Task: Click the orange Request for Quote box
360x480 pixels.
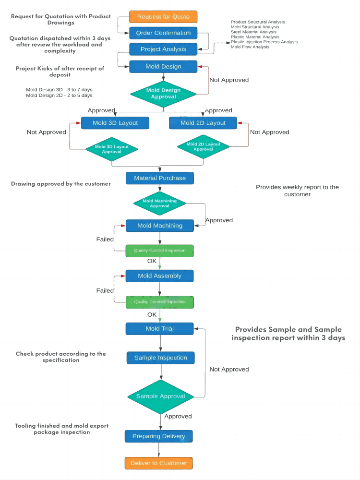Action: click(163, 17)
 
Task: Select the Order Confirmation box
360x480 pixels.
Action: click(163, 33)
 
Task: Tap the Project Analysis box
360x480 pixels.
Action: click(163, 49)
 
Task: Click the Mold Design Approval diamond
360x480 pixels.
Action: click(163, 94)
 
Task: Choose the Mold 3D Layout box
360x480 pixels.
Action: click(115, 123)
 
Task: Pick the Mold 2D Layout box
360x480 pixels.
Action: click(203, 123)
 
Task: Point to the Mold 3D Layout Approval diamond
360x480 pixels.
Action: click(112, 149)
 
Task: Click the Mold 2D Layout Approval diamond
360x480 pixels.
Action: click(203, 146)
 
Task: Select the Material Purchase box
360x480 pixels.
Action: click(160, 178)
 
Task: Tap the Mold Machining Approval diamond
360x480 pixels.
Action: click(159, 204)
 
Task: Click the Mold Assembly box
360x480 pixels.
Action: click(160, 276)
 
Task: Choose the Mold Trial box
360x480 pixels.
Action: click(160, 329)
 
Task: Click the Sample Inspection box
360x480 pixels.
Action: click(160, 358)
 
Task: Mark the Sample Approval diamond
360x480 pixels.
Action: click(160, 396)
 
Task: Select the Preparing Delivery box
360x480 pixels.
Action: click(159, 436)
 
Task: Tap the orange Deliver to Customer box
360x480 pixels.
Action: click(159, 463)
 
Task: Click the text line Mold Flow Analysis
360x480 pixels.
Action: click(250, 47)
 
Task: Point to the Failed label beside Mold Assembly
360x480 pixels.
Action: click(105, 290)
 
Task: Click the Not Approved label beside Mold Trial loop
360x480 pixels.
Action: click(229, 369)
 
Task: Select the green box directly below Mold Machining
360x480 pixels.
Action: click(160, 251)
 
